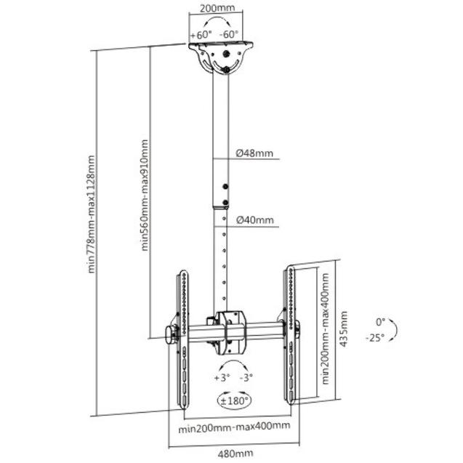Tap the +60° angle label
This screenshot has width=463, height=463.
click(x=201, y=34)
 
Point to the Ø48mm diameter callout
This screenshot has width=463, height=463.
click(x=255, y=153)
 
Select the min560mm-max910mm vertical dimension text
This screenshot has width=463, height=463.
click(x=145, y=196)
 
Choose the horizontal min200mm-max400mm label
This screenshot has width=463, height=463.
click(x=234, y=426)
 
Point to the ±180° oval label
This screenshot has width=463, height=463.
click(x=233, y=400)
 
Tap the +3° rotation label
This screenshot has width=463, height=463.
click(x=222, y=378)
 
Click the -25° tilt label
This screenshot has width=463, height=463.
click(x=375, y=337)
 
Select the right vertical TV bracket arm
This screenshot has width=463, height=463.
click(x=289, y=334)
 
